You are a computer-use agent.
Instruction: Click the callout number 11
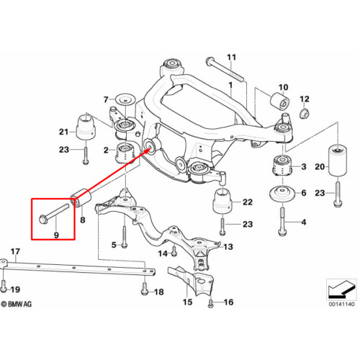pos(232,58)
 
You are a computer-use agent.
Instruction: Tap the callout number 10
pos(283,87)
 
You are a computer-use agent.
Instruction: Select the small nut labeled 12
pos(305,114)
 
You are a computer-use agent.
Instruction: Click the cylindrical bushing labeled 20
pos(338,161)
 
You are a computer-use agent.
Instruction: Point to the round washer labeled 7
pos(125,99)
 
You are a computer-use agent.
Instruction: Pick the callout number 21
pos(63,132)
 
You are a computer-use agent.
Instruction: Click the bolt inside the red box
pos(54,212)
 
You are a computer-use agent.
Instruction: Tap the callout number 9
pos(56,235)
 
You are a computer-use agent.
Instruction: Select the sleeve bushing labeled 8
pos(81,198)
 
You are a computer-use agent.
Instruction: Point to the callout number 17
pos(15,251)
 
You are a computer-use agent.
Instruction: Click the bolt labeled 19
pos(4,286)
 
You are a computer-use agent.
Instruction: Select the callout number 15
pos(187,302)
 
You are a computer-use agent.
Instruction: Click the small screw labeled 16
pos(210,303)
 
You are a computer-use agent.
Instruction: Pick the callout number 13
pos(228,247)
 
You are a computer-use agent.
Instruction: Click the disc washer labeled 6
pos(283,194)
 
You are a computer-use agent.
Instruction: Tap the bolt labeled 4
pos(282,221)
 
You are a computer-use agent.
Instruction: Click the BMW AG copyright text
pos(17,304)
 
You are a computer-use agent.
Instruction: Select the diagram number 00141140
pos(341,304)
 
